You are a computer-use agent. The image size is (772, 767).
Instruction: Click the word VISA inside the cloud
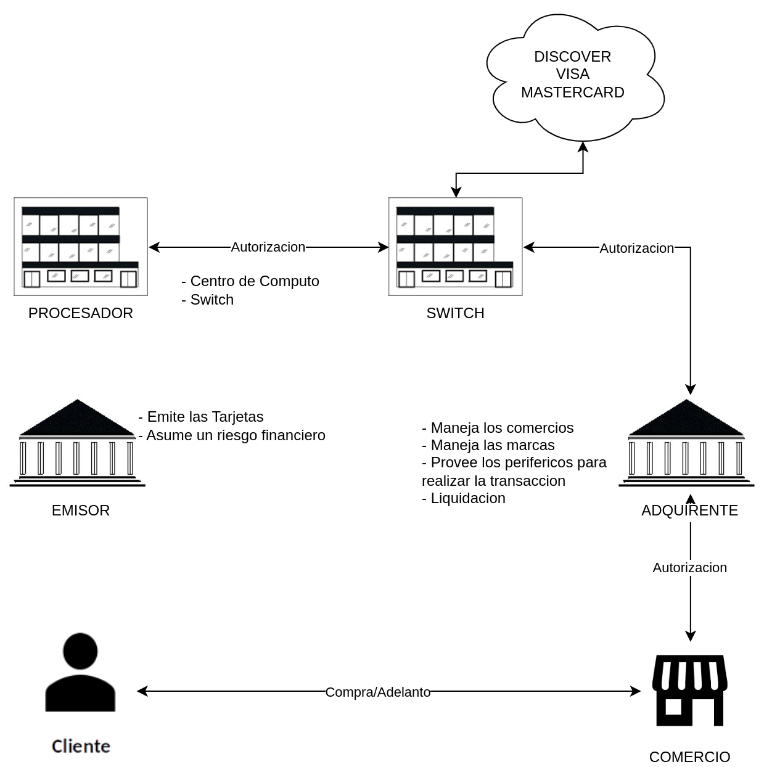572,74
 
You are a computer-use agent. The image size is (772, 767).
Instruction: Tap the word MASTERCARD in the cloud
572,92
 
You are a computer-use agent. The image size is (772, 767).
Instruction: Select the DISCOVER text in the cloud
572,57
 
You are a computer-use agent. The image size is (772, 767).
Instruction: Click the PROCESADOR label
81,313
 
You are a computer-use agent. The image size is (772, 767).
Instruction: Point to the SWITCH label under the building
455,313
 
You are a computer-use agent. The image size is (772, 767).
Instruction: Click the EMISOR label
81,510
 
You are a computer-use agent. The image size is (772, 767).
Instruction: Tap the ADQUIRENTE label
689,510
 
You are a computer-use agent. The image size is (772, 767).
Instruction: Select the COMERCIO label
689,757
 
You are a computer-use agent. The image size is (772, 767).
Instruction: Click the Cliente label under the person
81,746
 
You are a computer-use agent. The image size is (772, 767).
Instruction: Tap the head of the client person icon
80,651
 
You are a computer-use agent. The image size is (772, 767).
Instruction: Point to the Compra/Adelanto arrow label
378,692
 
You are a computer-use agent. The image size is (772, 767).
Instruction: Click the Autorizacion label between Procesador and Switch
268,247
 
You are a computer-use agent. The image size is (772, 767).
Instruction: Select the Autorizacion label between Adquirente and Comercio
689,567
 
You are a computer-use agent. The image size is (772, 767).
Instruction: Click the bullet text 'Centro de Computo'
255,281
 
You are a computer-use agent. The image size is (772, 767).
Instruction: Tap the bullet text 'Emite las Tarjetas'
205,417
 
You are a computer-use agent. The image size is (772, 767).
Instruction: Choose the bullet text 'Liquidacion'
468,498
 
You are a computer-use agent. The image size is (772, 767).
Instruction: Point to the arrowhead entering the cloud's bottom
583,147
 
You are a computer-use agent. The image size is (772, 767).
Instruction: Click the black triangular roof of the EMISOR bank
77,417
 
